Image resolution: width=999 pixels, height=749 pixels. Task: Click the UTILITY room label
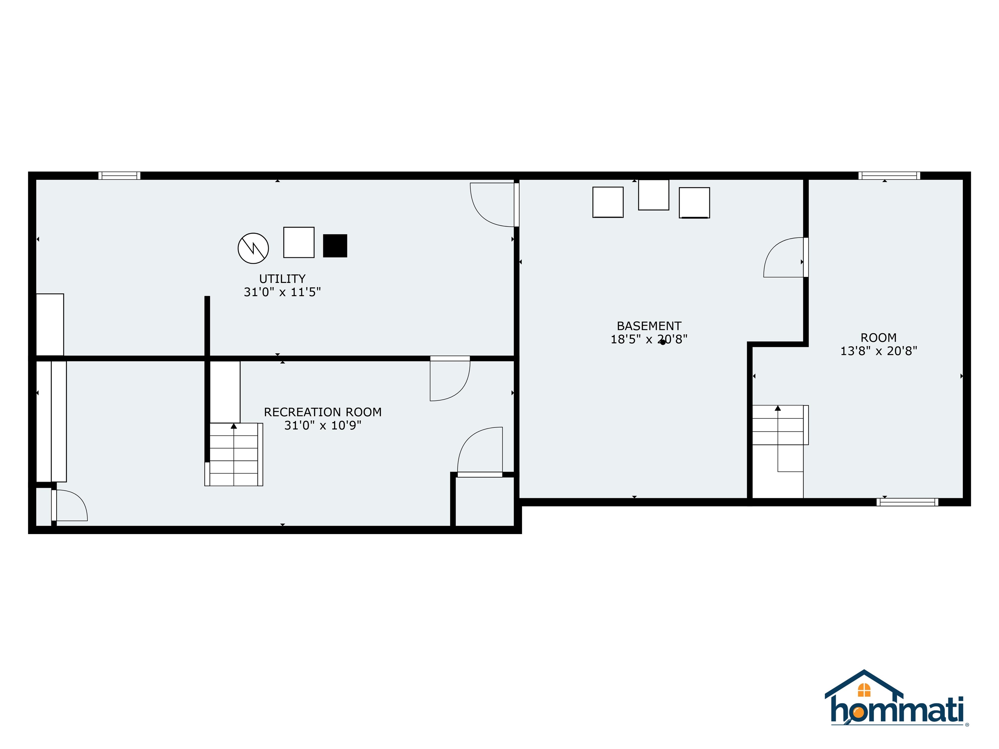(282, 279)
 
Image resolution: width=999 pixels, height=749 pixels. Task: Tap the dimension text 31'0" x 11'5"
(282, 292)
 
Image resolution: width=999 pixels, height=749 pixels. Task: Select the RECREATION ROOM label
(323, 412)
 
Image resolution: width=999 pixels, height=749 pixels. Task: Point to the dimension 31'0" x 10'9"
(323, 425)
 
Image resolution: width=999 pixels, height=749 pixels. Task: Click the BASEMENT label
(649, 326)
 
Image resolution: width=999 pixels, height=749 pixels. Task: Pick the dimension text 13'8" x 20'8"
(878, 351)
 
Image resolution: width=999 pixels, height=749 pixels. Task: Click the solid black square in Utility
(335, 246)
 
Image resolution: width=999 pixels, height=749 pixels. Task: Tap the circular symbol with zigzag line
(253, 248)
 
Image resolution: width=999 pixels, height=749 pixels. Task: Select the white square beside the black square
(299, 243)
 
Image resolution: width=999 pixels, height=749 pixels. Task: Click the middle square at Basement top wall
(654, 195)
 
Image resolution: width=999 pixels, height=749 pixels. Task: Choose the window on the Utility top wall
(119, 176)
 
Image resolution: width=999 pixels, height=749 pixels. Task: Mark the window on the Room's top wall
(889, 176)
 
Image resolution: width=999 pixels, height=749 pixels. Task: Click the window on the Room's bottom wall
(907, 502)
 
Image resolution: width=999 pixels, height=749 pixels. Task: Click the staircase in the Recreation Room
(234, 454)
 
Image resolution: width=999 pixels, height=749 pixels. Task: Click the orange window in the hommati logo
(864, 690)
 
